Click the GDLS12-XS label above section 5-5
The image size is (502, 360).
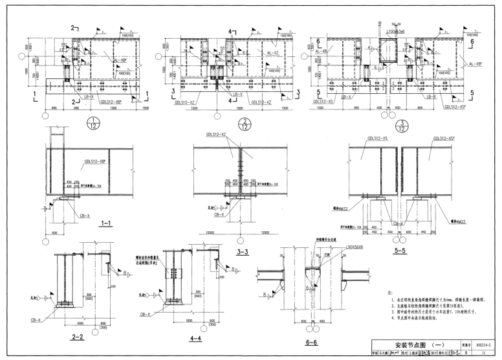(378, 138)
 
